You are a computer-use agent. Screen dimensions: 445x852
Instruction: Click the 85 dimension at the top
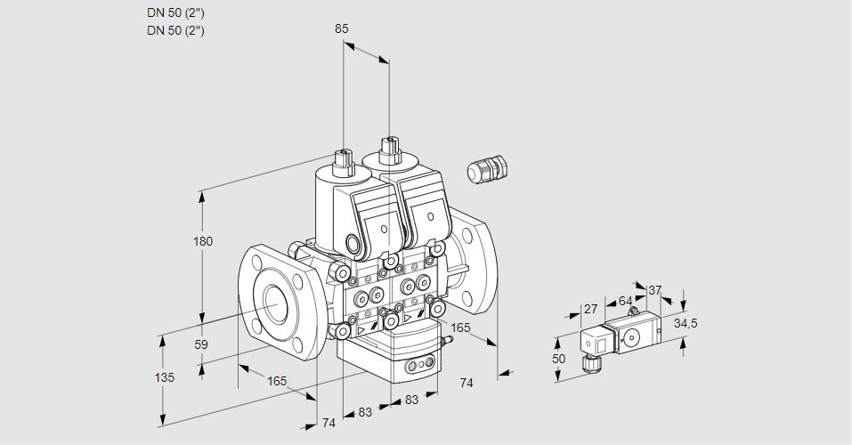[x=341, y=28]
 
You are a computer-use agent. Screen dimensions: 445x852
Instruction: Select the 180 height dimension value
[x=204, y=242]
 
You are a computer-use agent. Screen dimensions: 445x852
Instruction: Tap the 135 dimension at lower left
[x=165, y=377]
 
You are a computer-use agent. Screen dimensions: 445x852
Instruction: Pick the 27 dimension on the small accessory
[x=589, y=309]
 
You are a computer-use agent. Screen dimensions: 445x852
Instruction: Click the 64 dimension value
[x=625, y=301]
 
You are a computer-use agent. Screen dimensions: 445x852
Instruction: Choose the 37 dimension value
[x=655, y=290]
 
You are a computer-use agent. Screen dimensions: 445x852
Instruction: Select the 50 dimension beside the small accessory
[x=558, y=358]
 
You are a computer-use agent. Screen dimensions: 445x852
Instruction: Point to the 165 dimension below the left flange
[x=277, y=381]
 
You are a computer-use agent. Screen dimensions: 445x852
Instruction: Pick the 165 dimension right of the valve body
[x=460, y=328]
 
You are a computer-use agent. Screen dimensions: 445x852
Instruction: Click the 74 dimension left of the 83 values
[x=329, y=423]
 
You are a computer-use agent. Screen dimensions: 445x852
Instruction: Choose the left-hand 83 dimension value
[x=365, y=412]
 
